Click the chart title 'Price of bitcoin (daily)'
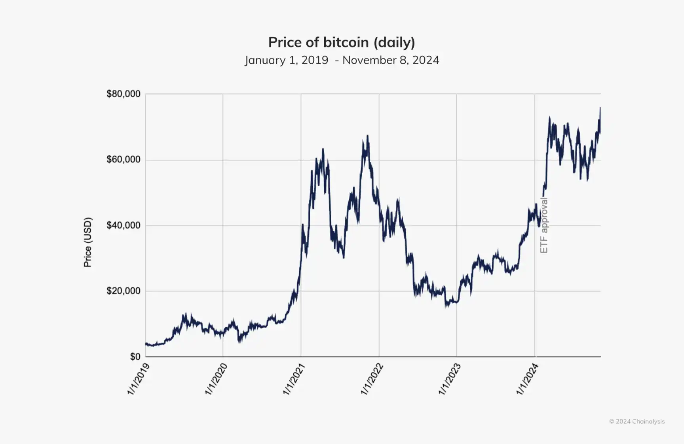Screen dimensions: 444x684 click(342, 42)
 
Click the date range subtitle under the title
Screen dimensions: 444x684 click(342, 60)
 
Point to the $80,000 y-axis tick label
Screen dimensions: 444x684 click(123, 94)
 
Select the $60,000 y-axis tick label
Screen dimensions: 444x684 click(123, 159)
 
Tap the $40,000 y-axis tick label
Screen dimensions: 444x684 click(123, 225)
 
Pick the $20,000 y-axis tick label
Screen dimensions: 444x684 click(123, 291)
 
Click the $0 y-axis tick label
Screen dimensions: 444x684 click(135, 357)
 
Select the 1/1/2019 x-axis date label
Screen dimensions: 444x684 click(139, 379)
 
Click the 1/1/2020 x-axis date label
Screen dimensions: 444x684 click(216, 379)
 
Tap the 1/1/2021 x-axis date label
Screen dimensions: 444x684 click(294, 379)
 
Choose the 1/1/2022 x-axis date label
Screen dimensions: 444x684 click(372, 379)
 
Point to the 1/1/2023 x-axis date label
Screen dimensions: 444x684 click(450, 379)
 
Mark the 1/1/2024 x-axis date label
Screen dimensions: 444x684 click(528, 379)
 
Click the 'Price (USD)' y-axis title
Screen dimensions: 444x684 click(87, 242)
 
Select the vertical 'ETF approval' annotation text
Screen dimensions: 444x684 click(544, 225)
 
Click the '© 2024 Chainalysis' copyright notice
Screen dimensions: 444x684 click(637, 421)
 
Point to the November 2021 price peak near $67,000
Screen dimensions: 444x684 click(367, 136)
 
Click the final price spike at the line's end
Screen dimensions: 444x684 click(600, 108)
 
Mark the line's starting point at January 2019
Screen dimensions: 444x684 click(146, 344)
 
